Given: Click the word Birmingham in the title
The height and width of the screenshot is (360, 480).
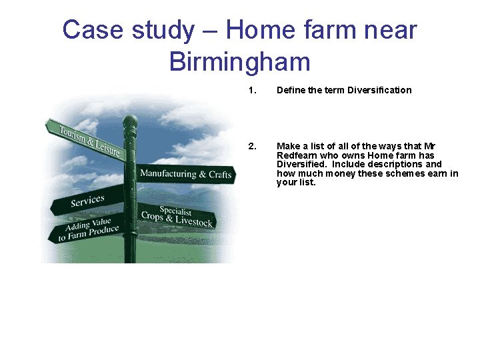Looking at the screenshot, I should click(240, 61).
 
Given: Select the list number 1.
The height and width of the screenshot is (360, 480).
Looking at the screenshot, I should click(251, 90).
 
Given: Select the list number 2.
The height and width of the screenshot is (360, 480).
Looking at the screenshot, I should click(251, 146).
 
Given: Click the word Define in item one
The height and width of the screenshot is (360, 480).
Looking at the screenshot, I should click(291, 90).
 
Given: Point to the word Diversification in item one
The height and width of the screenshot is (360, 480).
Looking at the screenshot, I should click(379, 90).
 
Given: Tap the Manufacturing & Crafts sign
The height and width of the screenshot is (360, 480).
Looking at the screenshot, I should click(185, 175).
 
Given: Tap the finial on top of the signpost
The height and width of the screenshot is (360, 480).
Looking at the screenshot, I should click(130, 121).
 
